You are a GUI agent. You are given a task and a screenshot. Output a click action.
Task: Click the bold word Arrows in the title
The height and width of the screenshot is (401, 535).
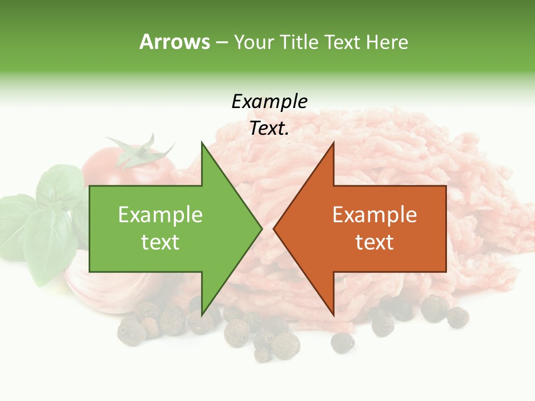point(174,42)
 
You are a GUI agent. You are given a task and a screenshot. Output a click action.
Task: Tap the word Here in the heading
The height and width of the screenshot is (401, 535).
point(387,42)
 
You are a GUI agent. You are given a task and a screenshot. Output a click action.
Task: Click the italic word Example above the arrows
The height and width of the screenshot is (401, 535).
point(269,101)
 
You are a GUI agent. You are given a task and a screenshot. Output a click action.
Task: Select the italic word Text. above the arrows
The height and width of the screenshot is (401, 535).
point(269,129)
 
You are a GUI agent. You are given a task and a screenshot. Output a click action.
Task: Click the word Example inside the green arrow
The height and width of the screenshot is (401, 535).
point(160,214)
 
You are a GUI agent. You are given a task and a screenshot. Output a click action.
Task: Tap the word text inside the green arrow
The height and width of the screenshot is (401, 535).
point(160,242)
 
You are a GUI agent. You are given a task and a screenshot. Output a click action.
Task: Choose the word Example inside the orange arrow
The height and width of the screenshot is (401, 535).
point(374,214)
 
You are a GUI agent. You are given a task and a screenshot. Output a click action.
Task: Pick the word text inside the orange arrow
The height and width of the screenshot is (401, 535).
point(374,242)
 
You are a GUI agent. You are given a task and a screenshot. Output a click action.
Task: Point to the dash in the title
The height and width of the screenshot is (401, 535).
point(221,42)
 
